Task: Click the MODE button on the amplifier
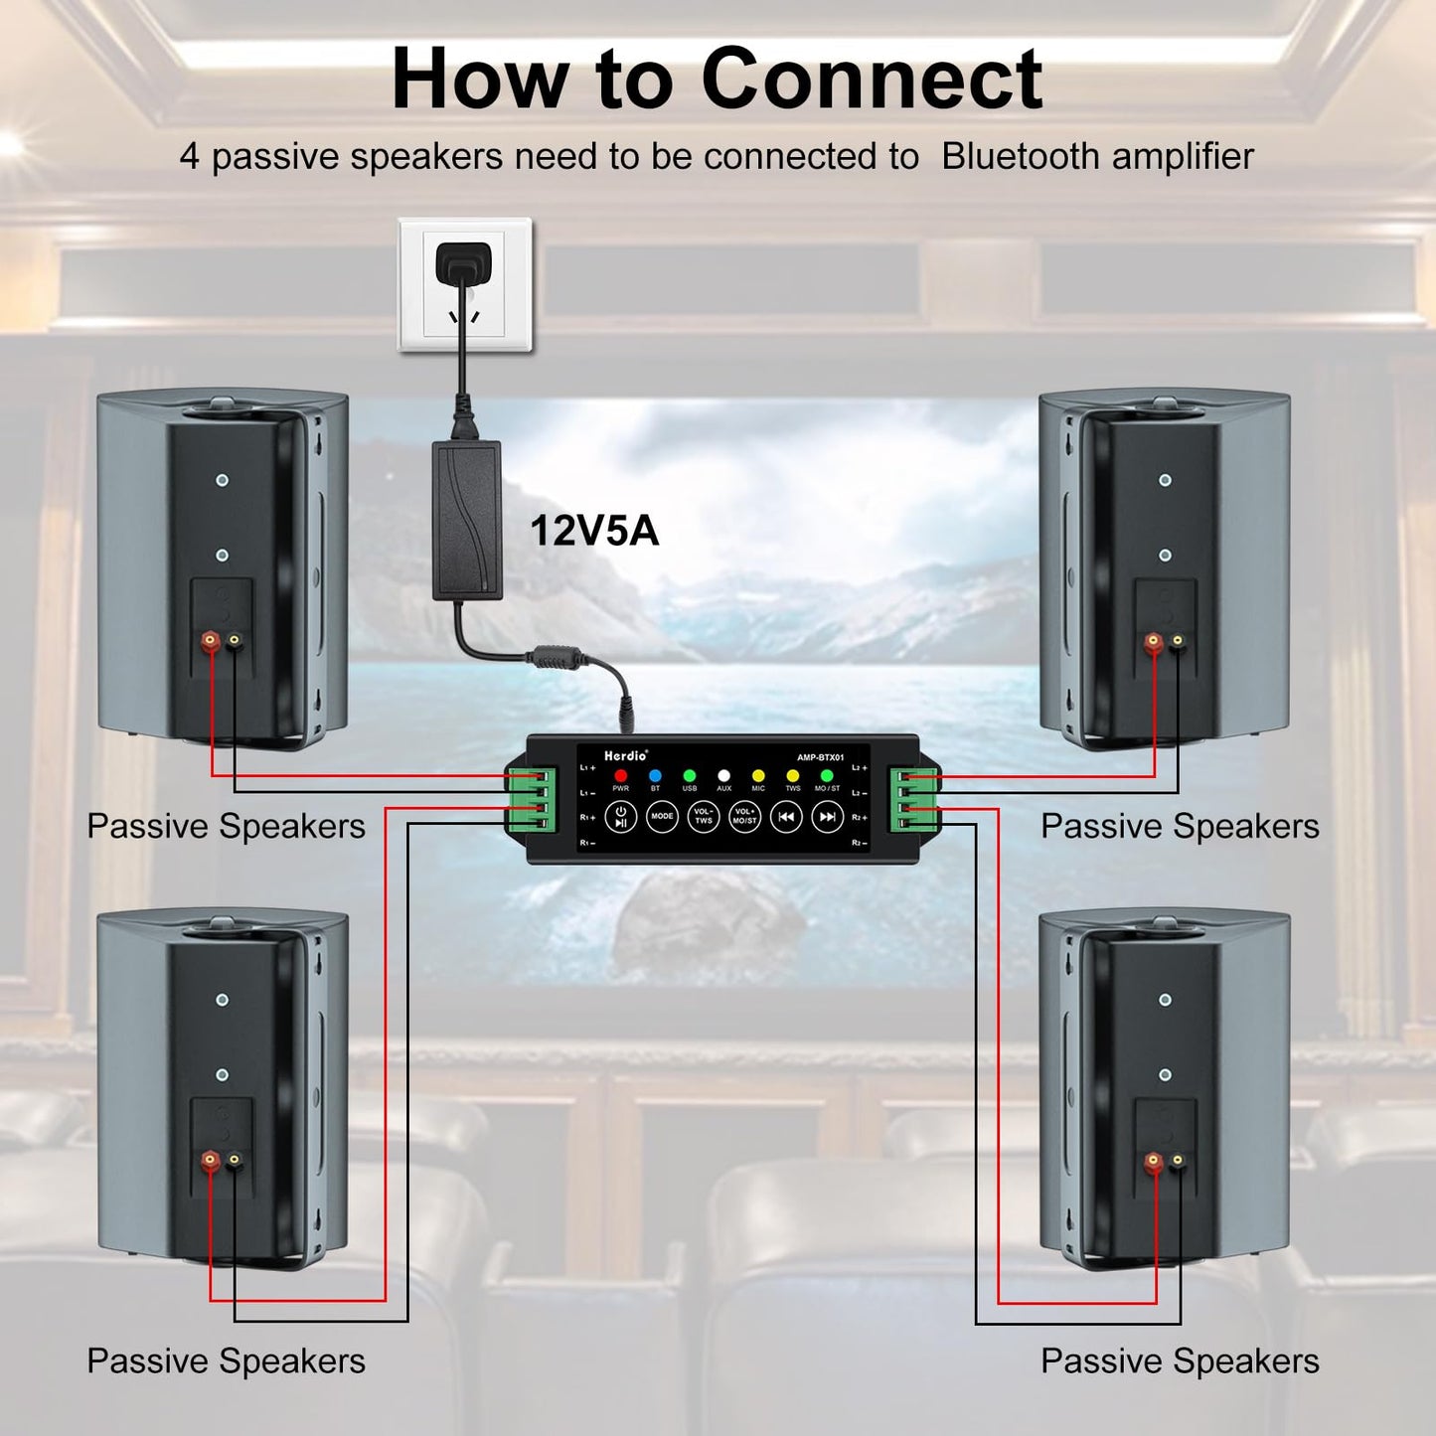point(662,817)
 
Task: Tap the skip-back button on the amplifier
point(786,817)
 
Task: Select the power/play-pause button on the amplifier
point(620,817)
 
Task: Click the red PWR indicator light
point(621,775)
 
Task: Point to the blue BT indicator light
point(655,775)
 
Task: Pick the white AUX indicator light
point(723,775)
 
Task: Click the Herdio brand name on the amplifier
point(625,756)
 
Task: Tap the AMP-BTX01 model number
point(820,757)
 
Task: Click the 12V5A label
point(594,531)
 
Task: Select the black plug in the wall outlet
point(463,263)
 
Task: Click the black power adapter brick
point(467,521)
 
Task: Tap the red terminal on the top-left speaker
point(211,641)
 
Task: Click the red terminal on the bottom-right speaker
point(1153,1160)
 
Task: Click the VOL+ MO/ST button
point(744,817)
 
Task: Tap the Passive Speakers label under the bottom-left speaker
point(226,1360)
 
